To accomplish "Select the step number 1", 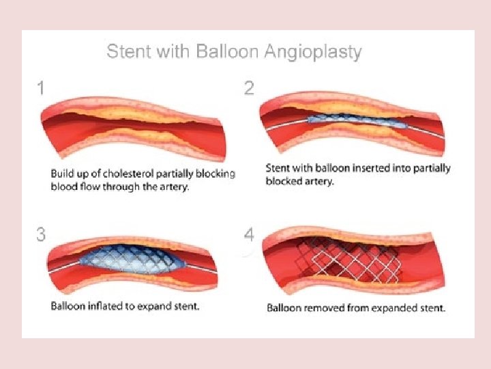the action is (x=42, y=88).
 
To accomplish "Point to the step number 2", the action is (x=249, y=88).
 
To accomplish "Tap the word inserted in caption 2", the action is (x=366, y=169).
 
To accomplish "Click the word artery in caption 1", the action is (x=175, y=187).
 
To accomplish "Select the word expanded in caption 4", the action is (x=391, y=308).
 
